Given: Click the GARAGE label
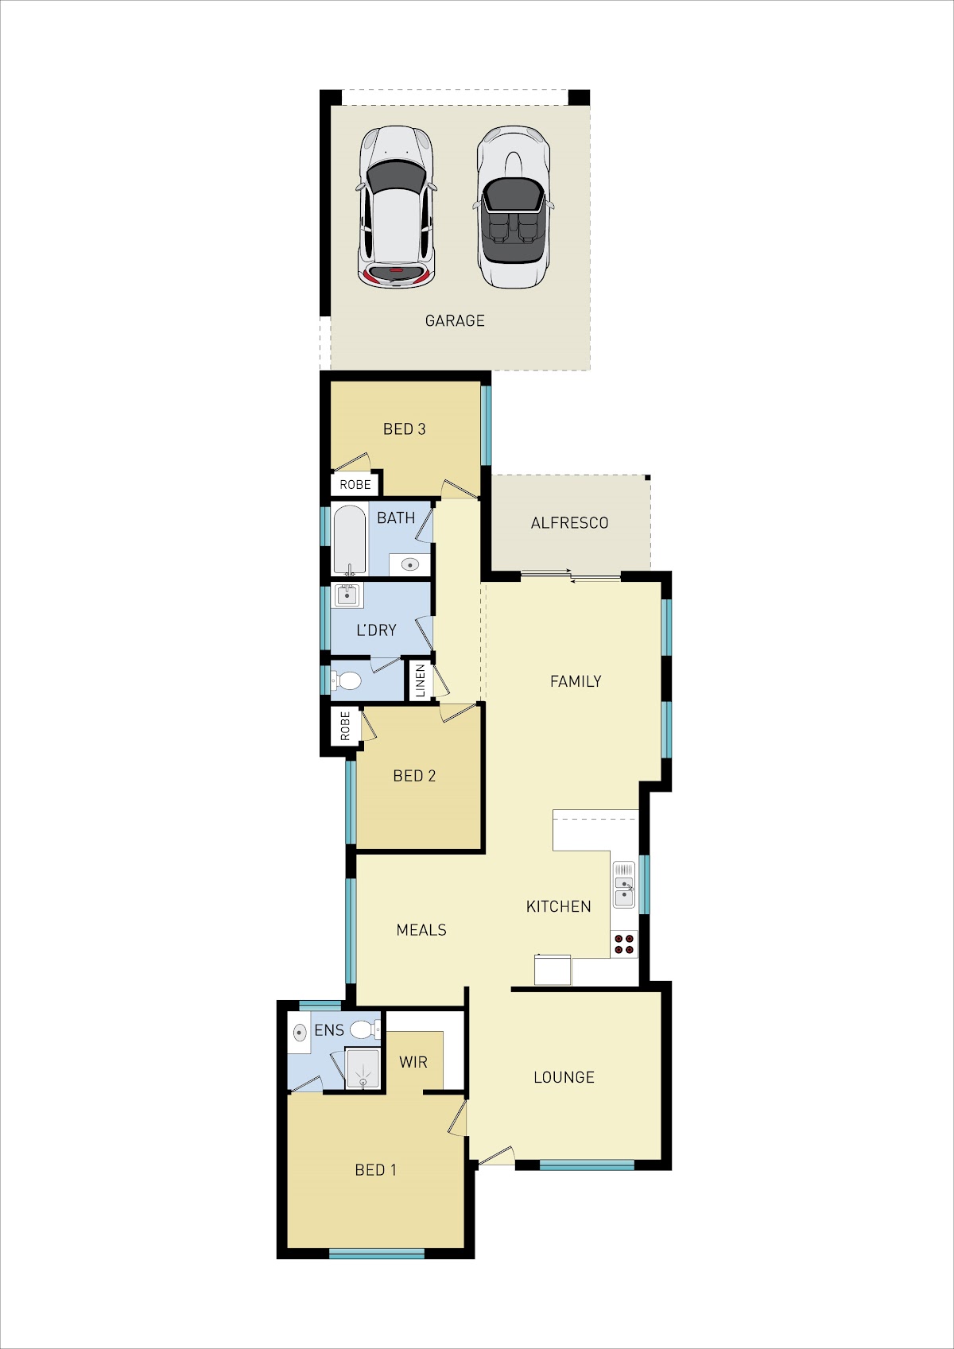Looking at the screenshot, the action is pos(455,320).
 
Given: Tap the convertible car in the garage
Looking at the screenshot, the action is pos(513,207).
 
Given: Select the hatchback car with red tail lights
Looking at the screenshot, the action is pos(396,207).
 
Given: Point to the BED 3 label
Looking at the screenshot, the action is pos(404,428).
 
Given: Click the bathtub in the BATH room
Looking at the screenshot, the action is pos(349,541).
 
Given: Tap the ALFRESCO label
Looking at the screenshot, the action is pos(569,523).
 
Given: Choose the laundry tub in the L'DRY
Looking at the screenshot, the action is pos(347,595).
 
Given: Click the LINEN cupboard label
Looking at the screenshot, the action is pos(421,680).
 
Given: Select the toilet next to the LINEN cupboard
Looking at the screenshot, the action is pos(347,680).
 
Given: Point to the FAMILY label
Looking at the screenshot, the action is pos(575,681).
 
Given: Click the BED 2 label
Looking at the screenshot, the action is pos(413,776).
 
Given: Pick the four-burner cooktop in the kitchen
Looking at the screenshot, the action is pos(624,944).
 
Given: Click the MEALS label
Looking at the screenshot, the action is pos(421,930).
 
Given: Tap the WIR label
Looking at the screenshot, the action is pos(413,1062).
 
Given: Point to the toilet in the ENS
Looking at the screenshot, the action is pos(365,1029).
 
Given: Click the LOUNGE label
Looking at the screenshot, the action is pos(564,1077).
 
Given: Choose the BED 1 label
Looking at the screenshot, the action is pos(375,1169).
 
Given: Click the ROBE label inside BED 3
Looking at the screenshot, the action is pos(355,484).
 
